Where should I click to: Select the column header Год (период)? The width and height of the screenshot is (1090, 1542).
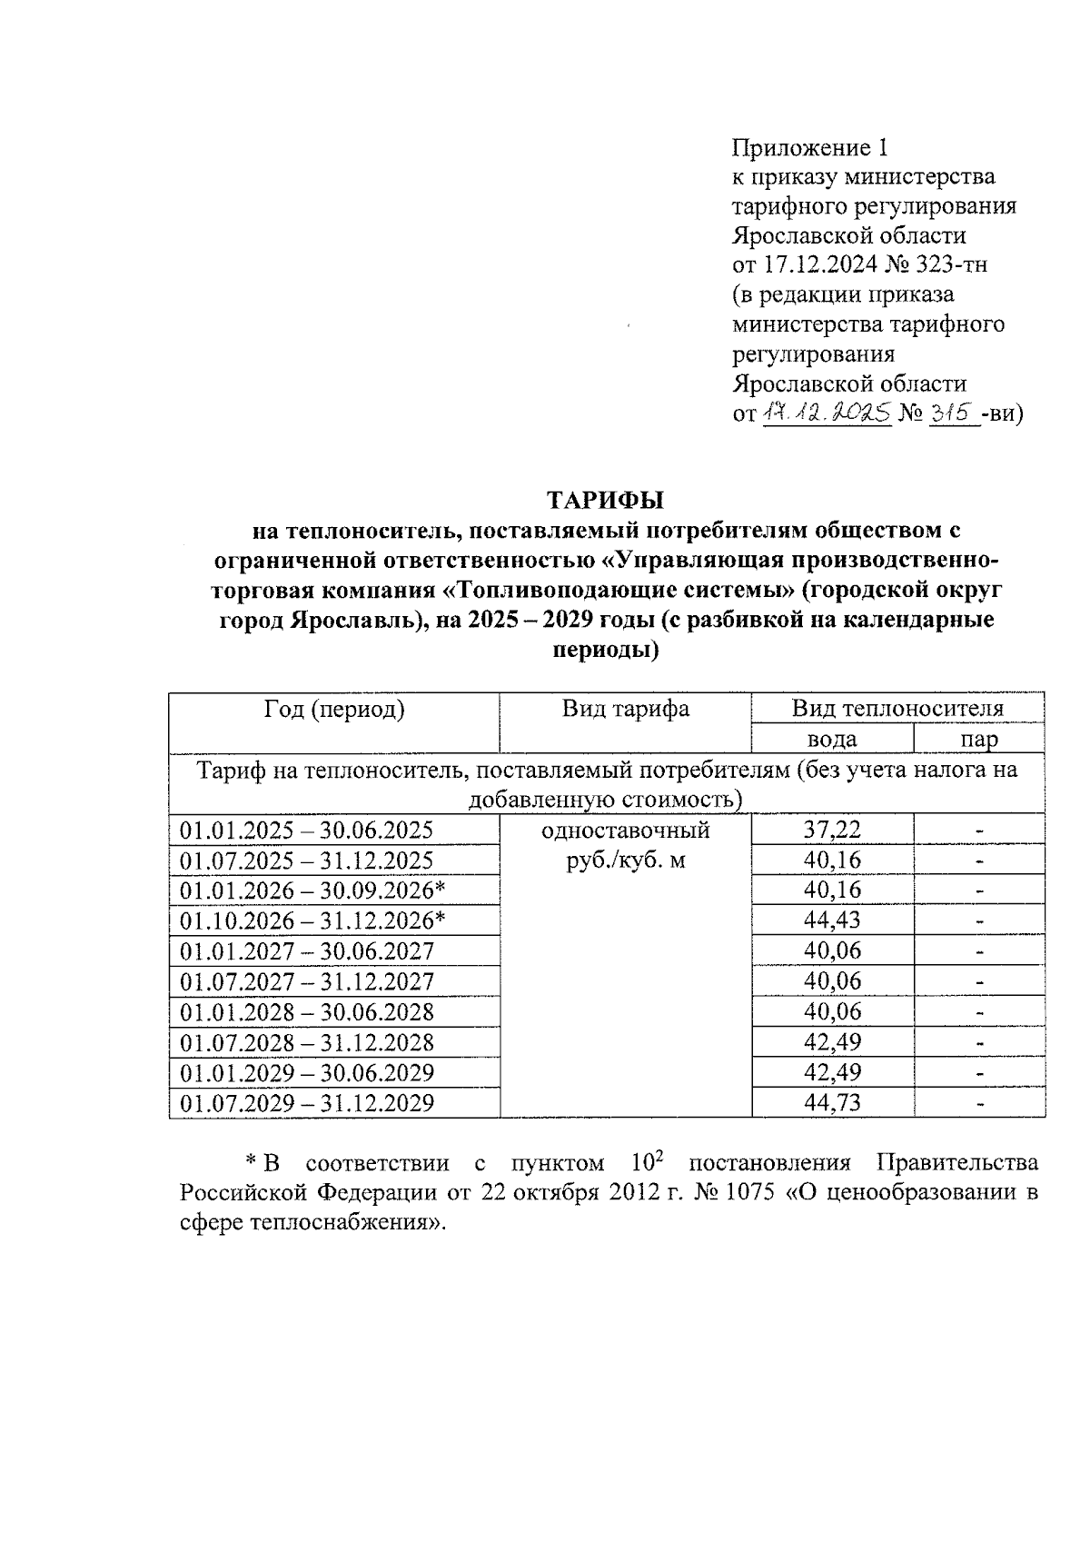pos(334,710)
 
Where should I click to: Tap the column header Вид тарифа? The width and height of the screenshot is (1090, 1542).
pos(625,710)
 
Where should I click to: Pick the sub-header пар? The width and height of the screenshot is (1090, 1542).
pos(979,739)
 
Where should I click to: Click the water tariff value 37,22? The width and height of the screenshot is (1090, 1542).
pos(832,829)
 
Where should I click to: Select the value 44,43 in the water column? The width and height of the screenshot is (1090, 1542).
pos(832,920)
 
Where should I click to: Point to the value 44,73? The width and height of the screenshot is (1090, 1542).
pos(832,1103)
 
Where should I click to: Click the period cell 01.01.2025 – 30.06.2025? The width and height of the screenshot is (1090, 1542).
pos(307,830)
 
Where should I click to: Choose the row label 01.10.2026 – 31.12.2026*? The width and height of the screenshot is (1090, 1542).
pos(312,920)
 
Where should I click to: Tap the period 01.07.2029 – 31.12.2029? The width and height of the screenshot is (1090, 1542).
pos(307,1103)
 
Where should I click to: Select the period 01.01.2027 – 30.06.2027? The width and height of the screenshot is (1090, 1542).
pos(307,951)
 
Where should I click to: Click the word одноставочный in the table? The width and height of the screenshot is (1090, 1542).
pos(625,830)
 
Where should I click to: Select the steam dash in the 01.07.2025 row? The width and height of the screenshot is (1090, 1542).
pos(979,861)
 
